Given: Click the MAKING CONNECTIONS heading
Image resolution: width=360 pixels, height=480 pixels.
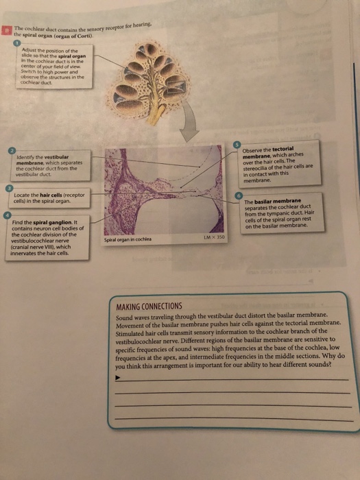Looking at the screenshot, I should tap(149, 305).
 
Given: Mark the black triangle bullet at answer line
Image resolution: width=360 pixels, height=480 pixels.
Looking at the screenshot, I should tap(119, 377).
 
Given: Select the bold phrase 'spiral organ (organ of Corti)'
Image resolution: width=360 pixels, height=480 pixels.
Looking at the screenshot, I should tap(53, 35).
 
